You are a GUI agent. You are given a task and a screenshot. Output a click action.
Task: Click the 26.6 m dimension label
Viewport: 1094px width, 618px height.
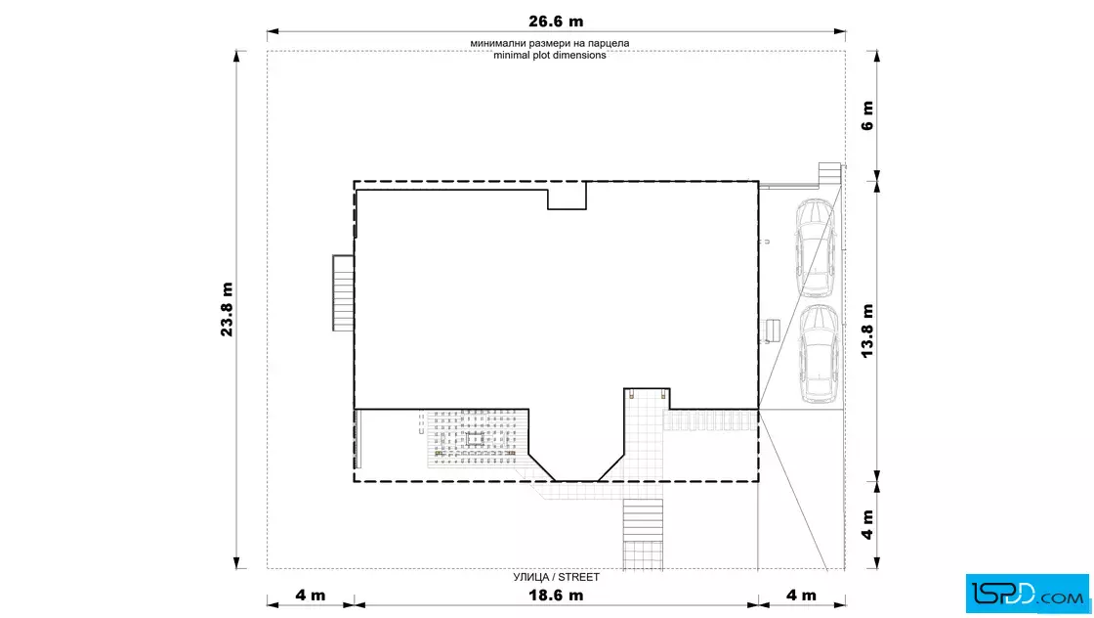pos(556,22)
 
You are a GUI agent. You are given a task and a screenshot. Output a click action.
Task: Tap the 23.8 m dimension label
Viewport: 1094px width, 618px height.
pos(228,309)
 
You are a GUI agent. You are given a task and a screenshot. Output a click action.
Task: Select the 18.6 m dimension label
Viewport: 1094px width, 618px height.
pos(556,595)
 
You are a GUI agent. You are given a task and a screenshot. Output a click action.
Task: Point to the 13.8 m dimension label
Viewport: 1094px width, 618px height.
pos(867,331)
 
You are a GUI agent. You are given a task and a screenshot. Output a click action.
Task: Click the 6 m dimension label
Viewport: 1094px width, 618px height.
pos(867,116)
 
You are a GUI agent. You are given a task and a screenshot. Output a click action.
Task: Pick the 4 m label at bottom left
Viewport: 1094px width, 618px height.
pos(310,595)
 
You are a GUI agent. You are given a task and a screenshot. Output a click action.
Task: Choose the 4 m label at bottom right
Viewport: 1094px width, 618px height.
pos(801,595)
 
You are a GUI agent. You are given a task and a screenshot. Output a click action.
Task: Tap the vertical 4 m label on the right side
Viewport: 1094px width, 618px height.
pos(867,524)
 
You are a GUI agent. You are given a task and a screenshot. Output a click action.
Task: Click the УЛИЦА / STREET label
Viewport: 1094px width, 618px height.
pos(556,577)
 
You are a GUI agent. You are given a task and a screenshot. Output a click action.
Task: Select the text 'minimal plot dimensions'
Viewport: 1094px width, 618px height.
pos(550,55)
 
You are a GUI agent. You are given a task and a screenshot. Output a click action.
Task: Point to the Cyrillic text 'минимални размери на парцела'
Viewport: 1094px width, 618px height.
pos(550,43)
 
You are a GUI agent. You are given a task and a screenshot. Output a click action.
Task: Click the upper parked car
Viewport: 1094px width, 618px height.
pos(816,248)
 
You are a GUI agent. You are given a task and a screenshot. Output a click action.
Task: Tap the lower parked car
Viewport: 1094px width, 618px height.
pos(819,353)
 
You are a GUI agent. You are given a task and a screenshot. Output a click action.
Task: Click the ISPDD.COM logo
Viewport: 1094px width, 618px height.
pos(1027,594)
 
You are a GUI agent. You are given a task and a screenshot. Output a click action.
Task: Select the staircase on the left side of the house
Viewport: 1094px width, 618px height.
pos(343,292)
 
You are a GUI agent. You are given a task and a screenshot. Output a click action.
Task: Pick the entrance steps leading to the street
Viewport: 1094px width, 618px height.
pos(643,534)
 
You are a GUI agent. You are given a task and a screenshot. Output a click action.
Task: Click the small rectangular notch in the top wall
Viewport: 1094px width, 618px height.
pos(567,196)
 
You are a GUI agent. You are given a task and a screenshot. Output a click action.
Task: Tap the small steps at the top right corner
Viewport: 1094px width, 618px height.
pos(829,172)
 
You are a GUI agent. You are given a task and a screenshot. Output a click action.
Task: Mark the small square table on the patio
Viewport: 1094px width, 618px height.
pos(475,439)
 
